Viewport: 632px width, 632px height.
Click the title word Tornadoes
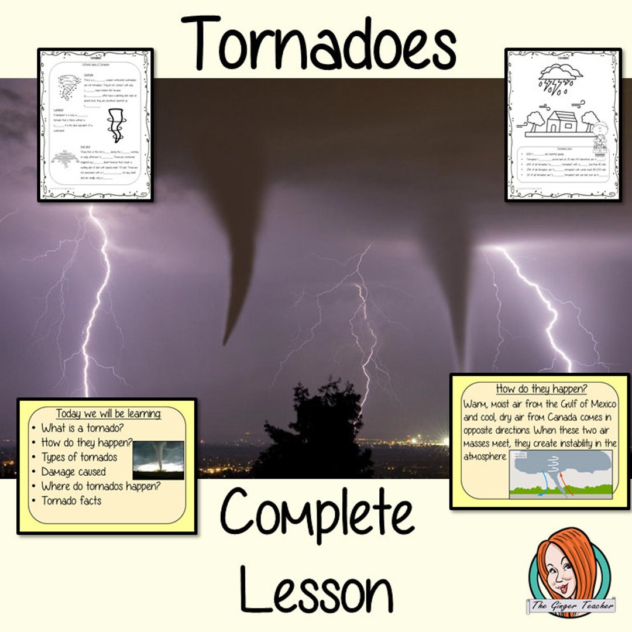[318, 42]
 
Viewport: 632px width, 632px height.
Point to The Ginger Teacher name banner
[570, 606]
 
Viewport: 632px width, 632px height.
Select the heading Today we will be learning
[108, 414]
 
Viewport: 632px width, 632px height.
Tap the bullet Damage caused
[74, 472]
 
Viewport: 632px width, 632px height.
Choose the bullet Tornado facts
[71, 500]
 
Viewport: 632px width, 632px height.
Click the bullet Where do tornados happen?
[101, 486]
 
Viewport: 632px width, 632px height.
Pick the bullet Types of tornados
[79, 457]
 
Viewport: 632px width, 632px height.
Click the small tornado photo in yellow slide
[158, 460]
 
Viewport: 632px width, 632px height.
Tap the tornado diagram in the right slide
[561, 475]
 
